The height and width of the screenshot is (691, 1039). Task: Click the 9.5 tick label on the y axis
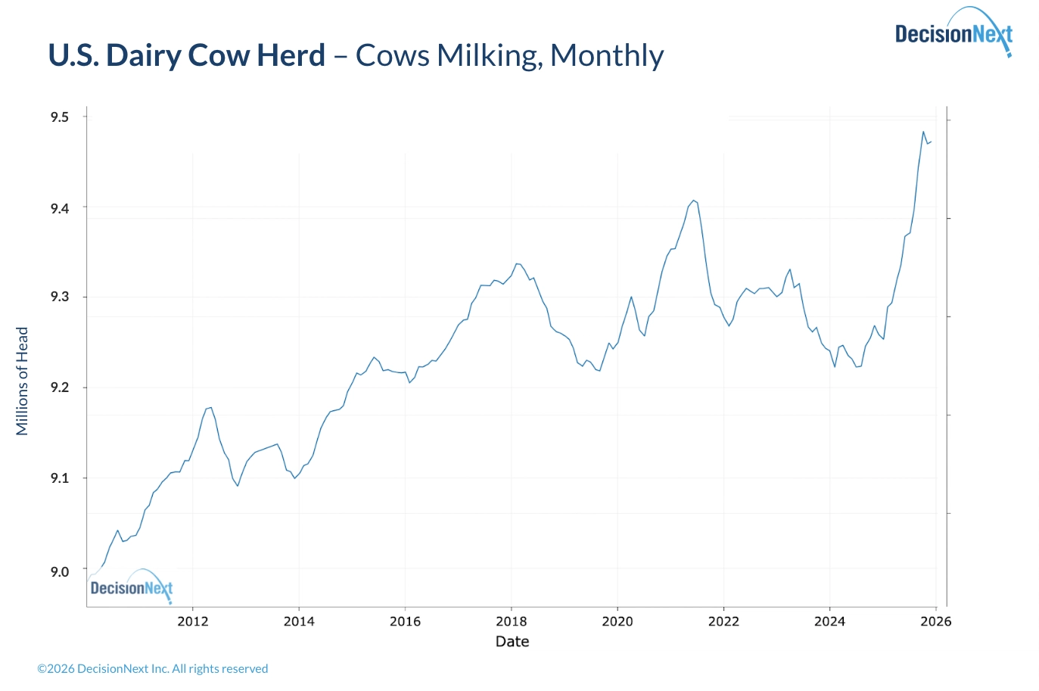point(60,117)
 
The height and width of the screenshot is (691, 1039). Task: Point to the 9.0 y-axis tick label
point(60,572)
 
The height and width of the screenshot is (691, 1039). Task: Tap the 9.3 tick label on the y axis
point(60,297)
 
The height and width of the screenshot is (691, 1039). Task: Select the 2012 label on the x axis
point(192,621)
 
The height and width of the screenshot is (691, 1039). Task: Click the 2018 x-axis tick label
point(511,621)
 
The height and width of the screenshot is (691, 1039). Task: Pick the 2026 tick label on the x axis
point(936,621)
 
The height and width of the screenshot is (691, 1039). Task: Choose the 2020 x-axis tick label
point(617,621)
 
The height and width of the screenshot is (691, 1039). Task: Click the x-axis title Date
point(512,642)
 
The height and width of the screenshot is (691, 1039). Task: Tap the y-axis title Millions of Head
point(22,381)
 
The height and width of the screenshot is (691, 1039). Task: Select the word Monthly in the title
point(607,55)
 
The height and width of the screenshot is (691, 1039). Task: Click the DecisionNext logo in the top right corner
point(953,33)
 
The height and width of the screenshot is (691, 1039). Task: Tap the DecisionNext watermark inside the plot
point(132,587)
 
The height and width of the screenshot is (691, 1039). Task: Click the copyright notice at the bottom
point(153,669)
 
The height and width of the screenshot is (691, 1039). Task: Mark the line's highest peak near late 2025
point(923,132)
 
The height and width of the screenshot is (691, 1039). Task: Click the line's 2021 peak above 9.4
point(694,201)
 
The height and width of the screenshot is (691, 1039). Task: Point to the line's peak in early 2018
point(517,263)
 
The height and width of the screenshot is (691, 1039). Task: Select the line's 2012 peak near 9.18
point(210,408)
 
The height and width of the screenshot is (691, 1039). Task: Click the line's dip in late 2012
point(238,486)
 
